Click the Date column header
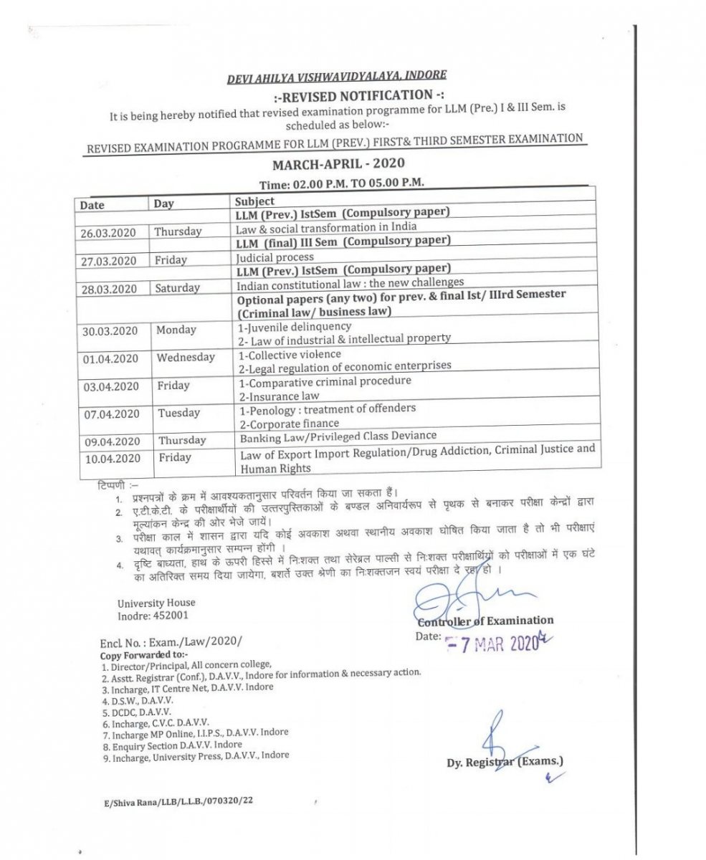[x=92, y=205]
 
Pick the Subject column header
[x=254, y=201]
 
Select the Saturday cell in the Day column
[x=177, y=288]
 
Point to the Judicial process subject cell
[x=275, y=257]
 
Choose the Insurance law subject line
[x=279, y=396]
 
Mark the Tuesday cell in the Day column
[x=178, y=413]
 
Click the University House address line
[x=156, y=603]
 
